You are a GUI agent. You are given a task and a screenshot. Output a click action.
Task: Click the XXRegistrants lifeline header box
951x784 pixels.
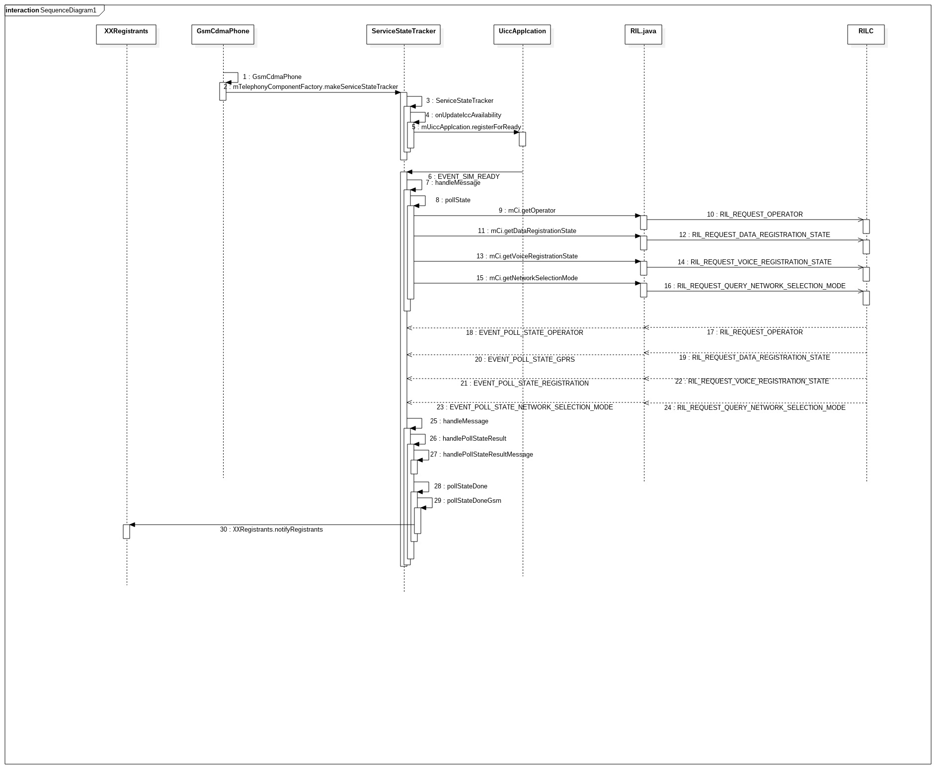(126, 34)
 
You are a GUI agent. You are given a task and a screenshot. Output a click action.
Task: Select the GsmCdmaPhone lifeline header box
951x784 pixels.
(223, 34)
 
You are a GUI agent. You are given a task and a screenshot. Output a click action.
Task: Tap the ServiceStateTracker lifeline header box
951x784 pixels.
(403, 34)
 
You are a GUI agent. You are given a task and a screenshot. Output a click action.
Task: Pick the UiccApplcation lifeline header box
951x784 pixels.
(522, 34)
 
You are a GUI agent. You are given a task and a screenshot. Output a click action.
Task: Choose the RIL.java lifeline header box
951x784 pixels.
(643, 34)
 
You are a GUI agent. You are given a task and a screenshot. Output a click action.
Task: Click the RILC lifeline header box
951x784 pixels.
(866, 34)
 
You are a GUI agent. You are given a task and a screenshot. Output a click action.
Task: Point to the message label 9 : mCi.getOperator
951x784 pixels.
(527, 211)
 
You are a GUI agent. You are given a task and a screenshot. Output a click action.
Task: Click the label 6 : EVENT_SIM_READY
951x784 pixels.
(464, 176)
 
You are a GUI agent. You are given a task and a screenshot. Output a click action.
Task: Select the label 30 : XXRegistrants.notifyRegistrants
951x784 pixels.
(271, 530)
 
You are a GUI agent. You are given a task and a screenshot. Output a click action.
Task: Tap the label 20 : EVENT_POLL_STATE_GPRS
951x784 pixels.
(525, 360)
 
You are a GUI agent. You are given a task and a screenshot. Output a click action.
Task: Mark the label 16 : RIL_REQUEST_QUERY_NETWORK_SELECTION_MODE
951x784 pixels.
(755, 286)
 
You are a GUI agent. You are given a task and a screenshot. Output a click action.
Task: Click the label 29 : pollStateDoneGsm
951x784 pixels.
(468, 501)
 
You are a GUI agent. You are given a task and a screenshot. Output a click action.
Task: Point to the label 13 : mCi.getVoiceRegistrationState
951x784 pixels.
(527, 256)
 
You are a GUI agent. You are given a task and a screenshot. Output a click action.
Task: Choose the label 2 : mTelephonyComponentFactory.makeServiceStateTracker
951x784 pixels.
(311, 87)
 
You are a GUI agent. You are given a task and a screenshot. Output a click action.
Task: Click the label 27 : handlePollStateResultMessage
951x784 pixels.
(481, 455)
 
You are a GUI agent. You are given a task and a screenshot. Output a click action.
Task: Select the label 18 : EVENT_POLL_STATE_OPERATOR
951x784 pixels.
(525, 333)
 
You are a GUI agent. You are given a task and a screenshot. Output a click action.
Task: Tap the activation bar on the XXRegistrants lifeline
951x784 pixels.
(127, 532)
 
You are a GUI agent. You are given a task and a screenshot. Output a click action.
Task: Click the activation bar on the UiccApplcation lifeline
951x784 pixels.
(522, 139)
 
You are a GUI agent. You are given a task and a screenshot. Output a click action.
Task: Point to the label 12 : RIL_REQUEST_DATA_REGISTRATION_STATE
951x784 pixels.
(755, 235)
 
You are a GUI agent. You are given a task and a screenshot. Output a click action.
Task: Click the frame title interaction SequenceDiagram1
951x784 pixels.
(51, 10)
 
